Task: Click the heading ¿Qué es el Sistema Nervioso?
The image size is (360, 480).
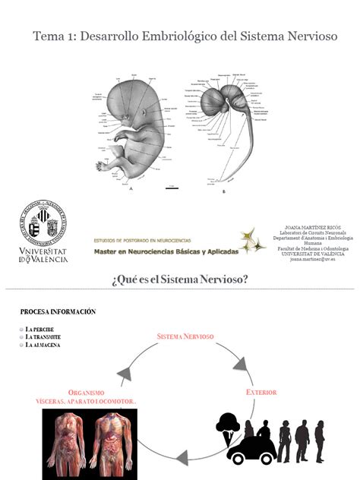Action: [179, 279]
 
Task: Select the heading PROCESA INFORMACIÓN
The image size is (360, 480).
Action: [58, 311]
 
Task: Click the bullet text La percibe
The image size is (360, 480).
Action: [43, 329]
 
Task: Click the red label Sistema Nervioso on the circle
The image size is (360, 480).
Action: [185, 336]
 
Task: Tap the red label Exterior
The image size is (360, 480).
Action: [260, 392]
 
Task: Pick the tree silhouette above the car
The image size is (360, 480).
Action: [229, 424]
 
